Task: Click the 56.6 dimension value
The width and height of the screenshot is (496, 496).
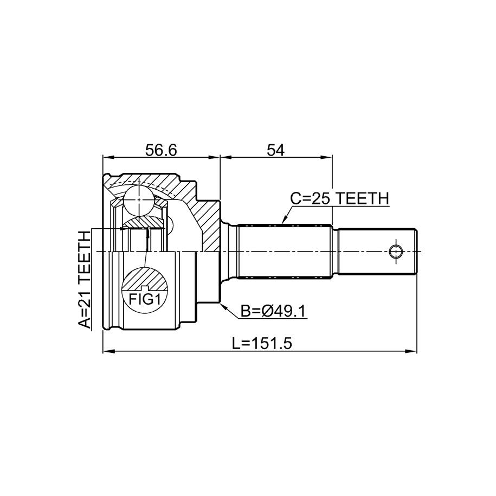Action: (161, 150)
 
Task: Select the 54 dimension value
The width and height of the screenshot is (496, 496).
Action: (275, 150)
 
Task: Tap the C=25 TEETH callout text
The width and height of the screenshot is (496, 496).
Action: (339, 198)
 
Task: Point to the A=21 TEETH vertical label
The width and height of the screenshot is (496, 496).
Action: (84, 280)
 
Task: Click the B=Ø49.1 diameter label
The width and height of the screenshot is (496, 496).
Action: (273, 311)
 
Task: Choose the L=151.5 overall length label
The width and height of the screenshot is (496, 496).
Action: (262, 344)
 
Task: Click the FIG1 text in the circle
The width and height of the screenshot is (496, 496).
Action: (145, 299)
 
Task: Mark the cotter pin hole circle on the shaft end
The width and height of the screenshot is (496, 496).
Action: (396, 252)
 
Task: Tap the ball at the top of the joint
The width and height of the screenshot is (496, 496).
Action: (139, 200)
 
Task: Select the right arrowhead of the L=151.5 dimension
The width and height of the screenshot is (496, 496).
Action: (411, 351)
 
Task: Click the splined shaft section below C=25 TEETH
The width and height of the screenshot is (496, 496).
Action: (285, 252)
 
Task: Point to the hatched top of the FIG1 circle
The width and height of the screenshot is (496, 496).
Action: (145, 279)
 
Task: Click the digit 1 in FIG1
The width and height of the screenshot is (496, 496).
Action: (157, 299)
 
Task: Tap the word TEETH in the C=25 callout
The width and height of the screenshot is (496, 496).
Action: (362, 198)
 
